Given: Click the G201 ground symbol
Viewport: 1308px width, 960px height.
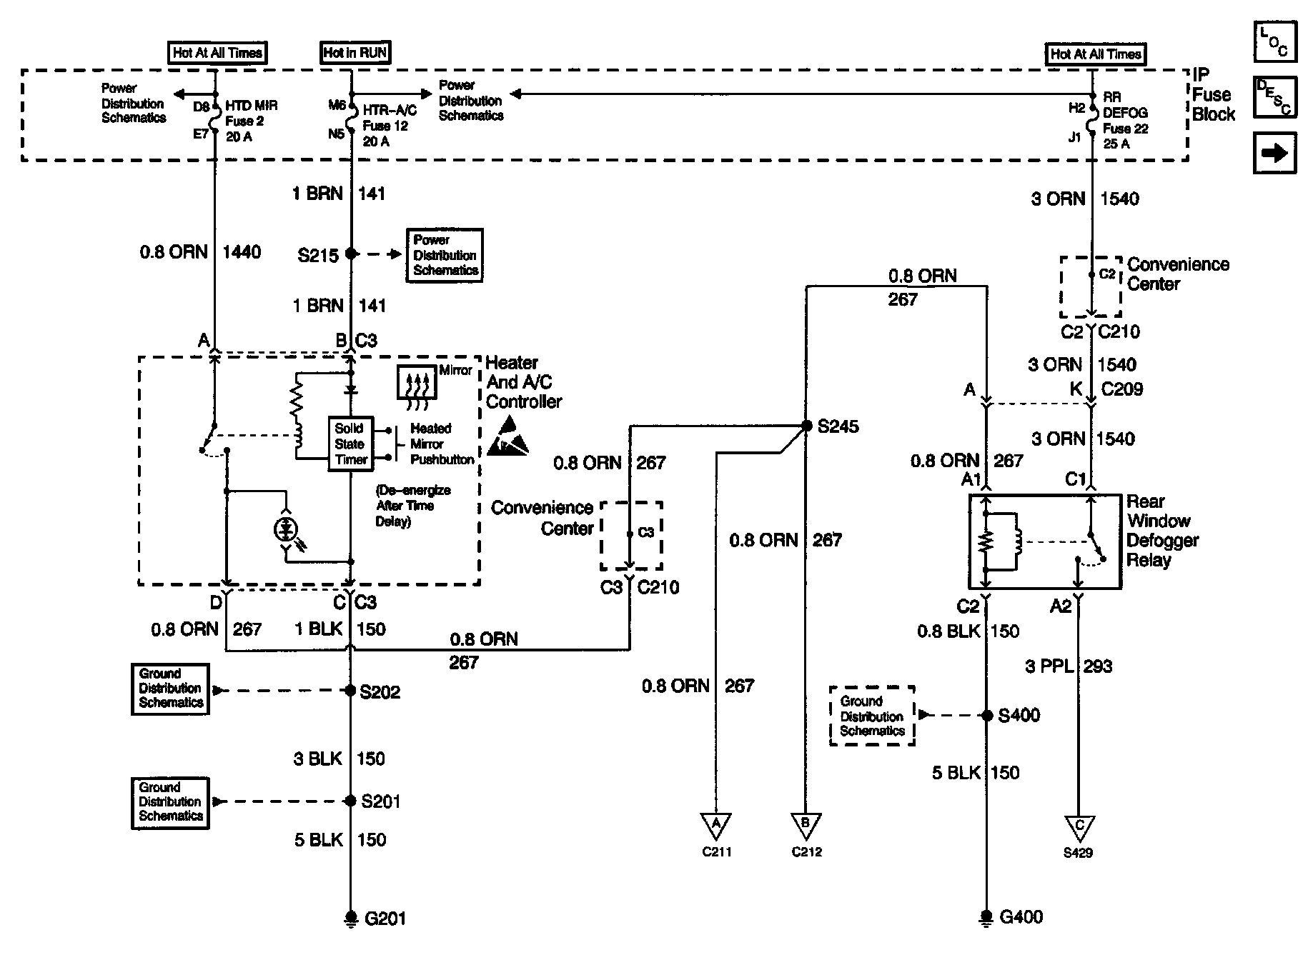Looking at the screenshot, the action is click(351, 918).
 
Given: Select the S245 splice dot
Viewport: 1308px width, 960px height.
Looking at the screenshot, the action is click(806, 426).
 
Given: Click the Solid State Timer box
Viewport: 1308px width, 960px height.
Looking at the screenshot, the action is click(350, 444).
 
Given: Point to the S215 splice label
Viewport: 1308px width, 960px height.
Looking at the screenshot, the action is click(318, 255).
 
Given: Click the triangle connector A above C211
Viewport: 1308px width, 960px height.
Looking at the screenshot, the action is click(715, 826).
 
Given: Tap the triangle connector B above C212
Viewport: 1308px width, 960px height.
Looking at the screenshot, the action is click(806, 826).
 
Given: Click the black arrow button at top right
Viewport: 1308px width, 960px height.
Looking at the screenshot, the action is click(1274, 154).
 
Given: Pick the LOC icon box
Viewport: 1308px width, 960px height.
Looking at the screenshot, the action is click(1274, 41).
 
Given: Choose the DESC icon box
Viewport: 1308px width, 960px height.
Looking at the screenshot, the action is click(1274, 97).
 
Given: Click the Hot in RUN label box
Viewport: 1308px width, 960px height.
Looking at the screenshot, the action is click(355, 53).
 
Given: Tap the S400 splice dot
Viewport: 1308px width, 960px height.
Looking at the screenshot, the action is click(986, 715).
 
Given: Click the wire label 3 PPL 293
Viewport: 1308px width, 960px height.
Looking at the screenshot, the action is click(1069, 666).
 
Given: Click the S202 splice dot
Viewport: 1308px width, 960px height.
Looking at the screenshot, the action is click(350, 691).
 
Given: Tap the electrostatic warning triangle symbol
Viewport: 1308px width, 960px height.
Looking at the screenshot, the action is click(508, 437).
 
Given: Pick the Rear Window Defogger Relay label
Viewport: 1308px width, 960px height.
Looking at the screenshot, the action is click(1161, 531).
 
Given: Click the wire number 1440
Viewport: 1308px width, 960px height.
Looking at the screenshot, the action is click(242, 252).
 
